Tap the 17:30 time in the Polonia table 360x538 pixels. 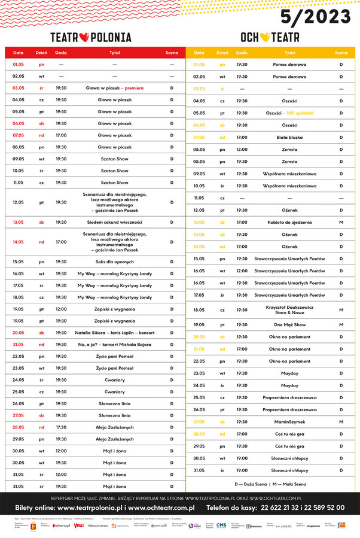pos(61,427)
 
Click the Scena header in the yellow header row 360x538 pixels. pos(341,53)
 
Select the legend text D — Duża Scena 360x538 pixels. pos(252,484)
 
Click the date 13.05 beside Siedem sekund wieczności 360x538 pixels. pos(19,222)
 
